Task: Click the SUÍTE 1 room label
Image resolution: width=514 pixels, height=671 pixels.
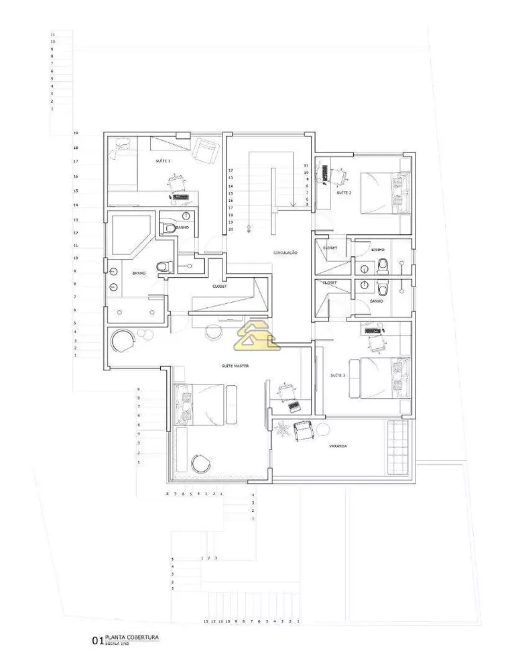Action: tap(163, 161)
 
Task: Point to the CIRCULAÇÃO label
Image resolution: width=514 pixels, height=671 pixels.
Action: tap(285, 252)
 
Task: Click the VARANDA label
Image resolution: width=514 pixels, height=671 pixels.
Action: tap(337, 446)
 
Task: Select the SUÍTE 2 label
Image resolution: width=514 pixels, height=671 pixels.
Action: tap(344, 193)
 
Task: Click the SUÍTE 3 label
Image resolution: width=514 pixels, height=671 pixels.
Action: tap(338, 376)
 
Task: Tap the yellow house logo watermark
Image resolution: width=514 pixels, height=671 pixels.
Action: tap(256, 335)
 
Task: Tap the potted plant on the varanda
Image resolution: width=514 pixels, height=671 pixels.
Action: tap(282, 427)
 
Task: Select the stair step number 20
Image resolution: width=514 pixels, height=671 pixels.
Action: tap(231, 229)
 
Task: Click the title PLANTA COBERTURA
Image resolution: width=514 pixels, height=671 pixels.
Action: tap(131, 637)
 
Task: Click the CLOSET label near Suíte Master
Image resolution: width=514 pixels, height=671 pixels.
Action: tap(219, 287)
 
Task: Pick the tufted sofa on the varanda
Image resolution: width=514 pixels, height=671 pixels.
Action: tap(395, 446)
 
